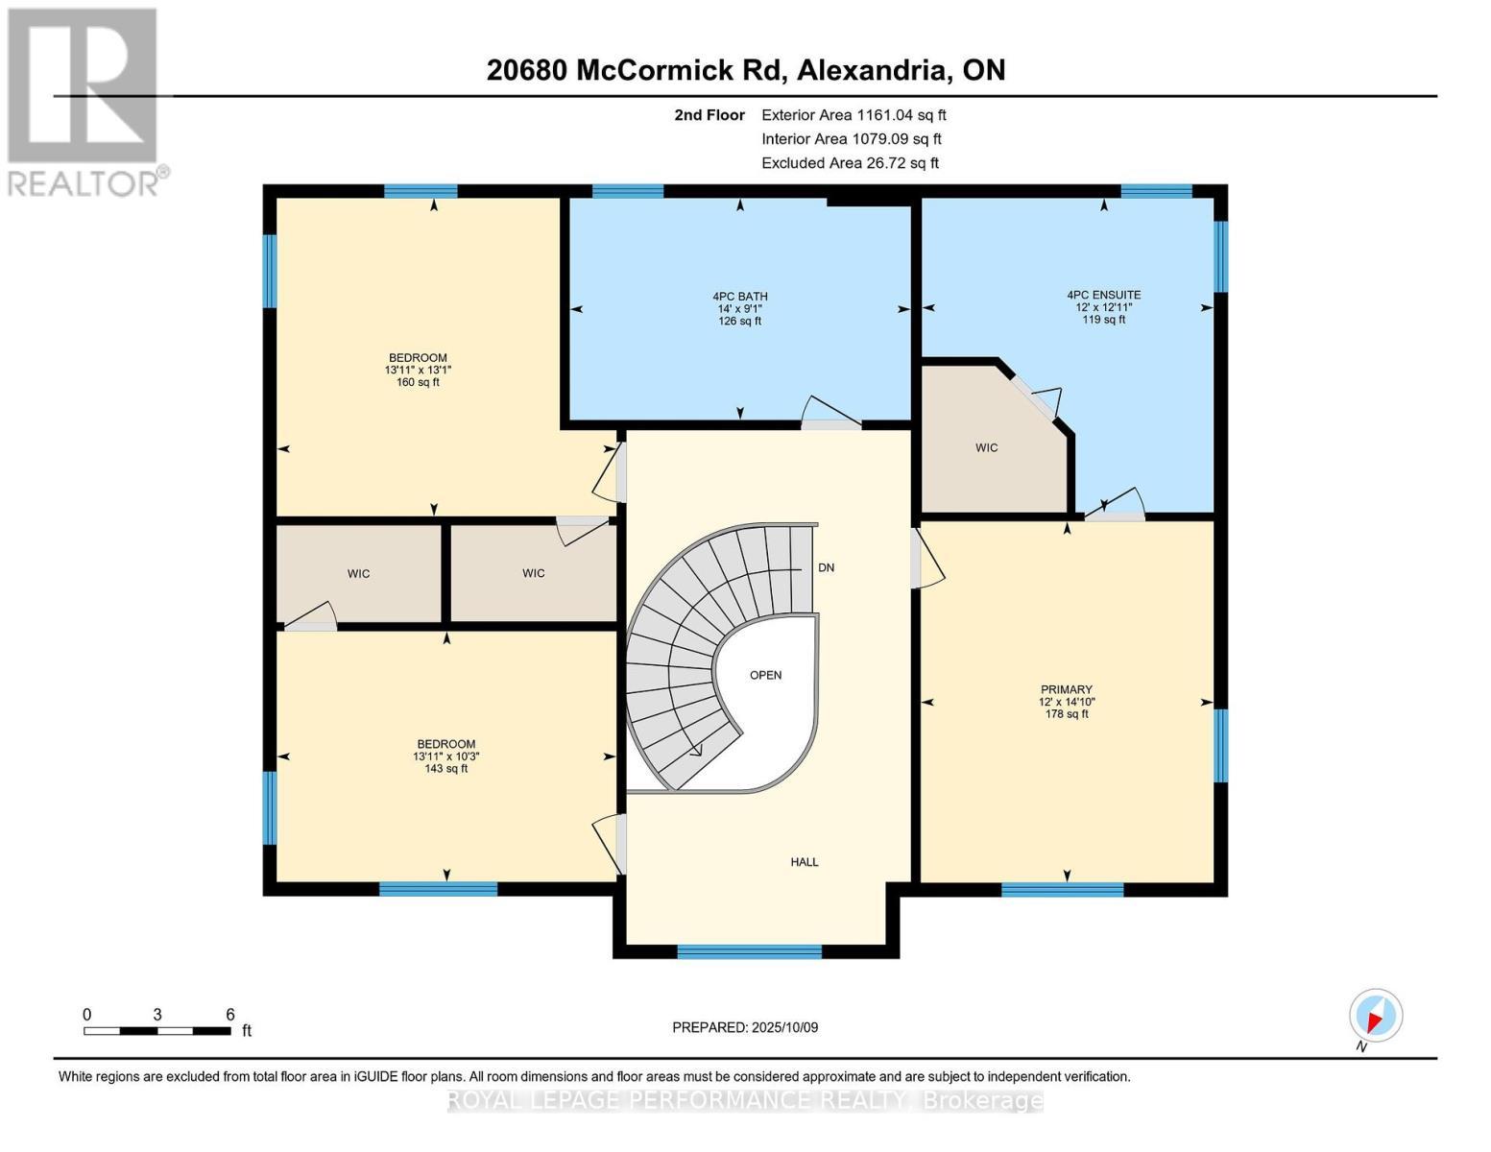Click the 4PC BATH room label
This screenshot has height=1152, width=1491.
coord(739,297)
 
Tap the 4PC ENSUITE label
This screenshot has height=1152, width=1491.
coord(1103,295)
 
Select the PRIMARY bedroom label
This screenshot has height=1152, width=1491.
coord(1066,689)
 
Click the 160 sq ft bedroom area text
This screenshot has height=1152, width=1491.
coord(418,382)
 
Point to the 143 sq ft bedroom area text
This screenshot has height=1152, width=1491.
coord(445,768)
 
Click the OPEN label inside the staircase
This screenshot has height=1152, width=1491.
coord(765,675)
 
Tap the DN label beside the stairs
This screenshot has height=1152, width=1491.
coord(826,567)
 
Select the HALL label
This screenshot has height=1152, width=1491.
coord(804,862)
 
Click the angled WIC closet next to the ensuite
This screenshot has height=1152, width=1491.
coord(986,447)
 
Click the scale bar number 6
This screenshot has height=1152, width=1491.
coord(230,1015)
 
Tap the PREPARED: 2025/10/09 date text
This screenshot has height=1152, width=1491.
coord(744,1027)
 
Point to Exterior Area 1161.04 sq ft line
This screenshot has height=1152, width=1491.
coord(853,114)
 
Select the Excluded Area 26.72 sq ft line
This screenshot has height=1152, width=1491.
coord(849,163)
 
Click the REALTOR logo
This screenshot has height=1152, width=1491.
coord(84,101)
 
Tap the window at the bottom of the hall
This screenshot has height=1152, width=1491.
coord(749,951)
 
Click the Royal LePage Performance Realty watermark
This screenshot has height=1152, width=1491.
coord(745,1100)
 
